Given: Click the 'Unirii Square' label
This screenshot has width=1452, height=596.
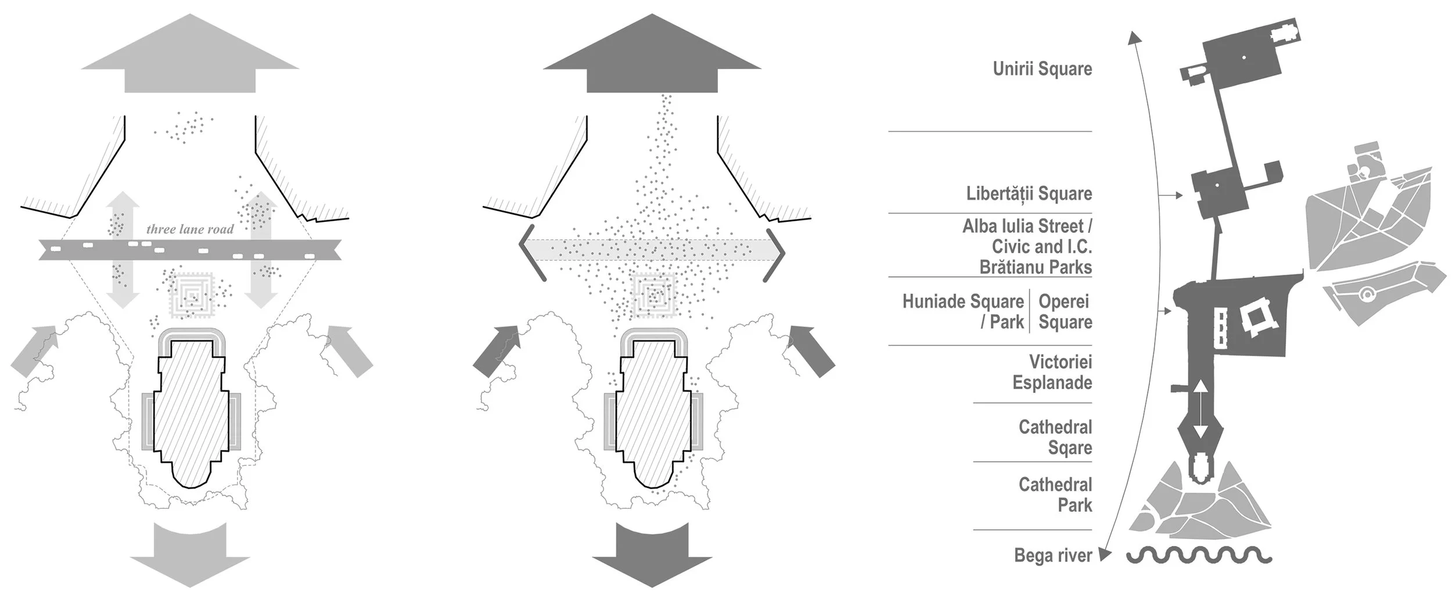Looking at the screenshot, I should (1042, 69).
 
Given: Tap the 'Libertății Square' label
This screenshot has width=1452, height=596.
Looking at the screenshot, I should (1029, 193).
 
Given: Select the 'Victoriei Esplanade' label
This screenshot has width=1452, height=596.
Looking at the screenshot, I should (1052, 372).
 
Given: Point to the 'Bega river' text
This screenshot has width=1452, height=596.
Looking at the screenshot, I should (1053, 555).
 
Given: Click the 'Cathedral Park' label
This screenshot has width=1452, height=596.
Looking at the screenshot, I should (1055, 495).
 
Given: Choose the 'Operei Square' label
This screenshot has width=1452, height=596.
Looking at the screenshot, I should (1065, 311).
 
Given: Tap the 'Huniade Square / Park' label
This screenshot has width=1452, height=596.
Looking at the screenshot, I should (963, 311).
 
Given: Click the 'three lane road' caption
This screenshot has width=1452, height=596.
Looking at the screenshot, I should (190, 229).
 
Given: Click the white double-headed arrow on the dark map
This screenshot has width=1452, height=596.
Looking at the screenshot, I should (1200, 410).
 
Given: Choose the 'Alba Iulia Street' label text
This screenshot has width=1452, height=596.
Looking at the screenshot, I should (1027, 227).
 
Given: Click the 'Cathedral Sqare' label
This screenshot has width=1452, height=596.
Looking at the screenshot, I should (1055, 437).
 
